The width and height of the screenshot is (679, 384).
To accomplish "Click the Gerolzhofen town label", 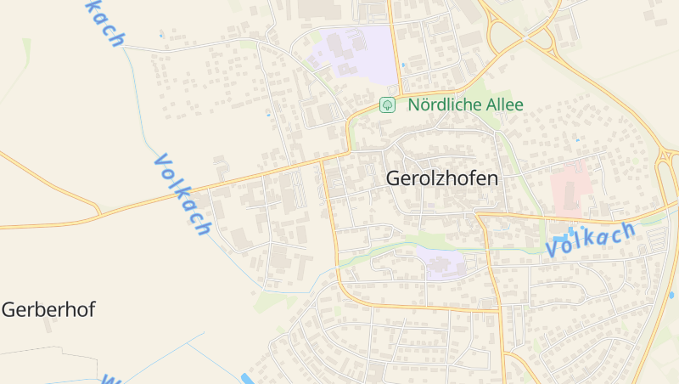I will point(442,178).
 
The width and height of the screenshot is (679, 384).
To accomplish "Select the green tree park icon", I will point(387,105).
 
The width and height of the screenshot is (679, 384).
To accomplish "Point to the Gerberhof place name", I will point(48,309).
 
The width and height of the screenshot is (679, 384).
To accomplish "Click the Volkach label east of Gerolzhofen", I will point(591,240).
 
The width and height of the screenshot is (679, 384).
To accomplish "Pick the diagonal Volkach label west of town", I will point(182,195).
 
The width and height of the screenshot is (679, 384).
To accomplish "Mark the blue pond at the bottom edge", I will point(247,378).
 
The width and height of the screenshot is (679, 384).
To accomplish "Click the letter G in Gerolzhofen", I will point(394,178).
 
